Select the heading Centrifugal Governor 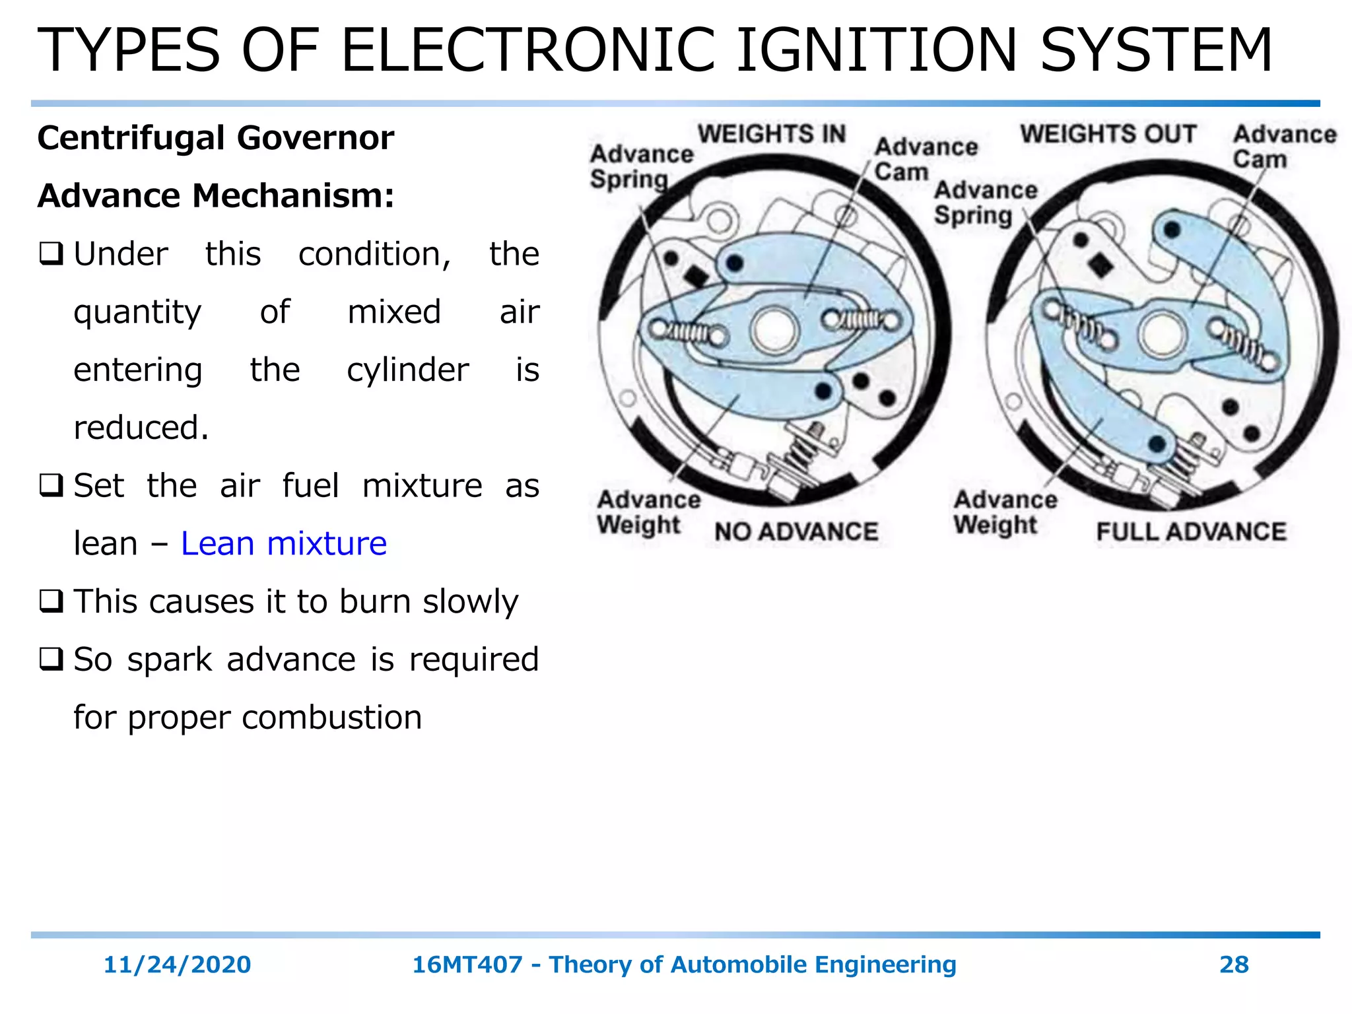coord(215,138)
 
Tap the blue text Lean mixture coord(284,543)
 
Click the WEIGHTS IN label coord(772,134)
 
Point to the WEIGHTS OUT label coord(1108,134)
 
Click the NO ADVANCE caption coord(796,531)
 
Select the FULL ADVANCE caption coord(1191,531)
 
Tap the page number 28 coord(1233,964)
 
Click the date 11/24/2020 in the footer coord(177,964)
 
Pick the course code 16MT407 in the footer coord(467,964)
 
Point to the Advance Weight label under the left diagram coord(648,512)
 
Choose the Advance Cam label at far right coord(1283,147)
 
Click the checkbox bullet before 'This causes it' coord(51,601)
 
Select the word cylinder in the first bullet coord(407,370)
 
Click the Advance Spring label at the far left coord(640,166)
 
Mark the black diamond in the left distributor coord(696,275)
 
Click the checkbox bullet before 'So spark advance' coord(51,659)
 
